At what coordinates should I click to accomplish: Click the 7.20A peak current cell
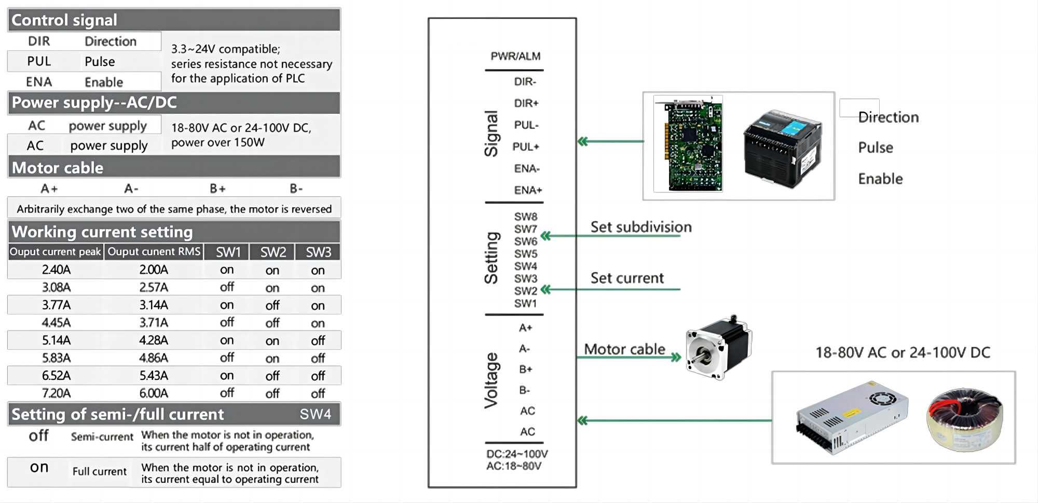point(56,393)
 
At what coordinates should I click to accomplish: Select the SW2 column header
point(272,252)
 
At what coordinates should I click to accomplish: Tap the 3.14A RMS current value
point(154,305)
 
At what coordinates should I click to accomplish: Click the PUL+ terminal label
point(526,147)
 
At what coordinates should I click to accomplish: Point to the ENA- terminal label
point(527,168)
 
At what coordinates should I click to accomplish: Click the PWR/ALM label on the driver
point(515,56)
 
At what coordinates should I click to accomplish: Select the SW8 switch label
point(525,217)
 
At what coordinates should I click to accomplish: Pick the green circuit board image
point(688,144)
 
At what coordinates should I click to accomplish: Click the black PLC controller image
point(783,148)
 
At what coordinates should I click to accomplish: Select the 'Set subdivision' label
point(641,227)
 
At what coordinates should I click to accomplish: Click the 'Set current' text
point(627,278)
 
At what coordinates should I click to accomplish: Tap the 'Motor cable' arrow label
point(624,349)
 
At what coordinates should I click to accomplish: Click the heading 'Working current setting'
point(102,232)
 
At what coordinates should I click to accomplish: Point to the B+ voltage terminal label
point(525,369)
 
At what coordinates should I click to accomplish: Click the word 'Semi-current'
point(102,437)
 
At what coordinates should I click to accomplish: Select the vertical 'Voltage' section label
point(491,380)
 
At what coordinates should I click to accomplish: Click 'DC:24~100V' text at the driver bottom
point(516,454)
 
